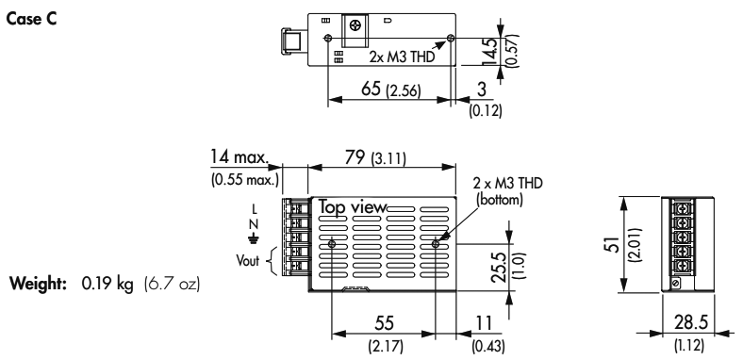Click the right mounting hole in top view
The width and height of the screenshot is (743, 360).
436,244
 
